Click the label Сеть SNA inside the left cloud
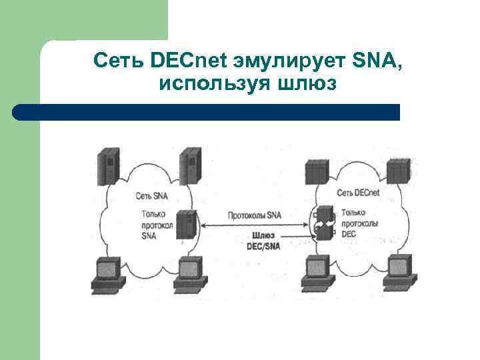tap(151, 196)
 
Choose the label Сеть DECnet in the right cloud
tap(358, 193)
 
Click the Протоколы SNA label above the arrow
tap(255, 215)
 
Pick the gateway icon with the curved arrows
tap(324, 222)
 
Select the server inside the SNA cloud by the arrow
tap(187, 225)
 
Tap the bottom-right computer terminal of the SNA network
tap(189, 274)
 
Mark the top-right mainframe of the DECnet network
tap(398, 171)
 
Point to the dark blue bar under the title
tap(207, 111)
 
